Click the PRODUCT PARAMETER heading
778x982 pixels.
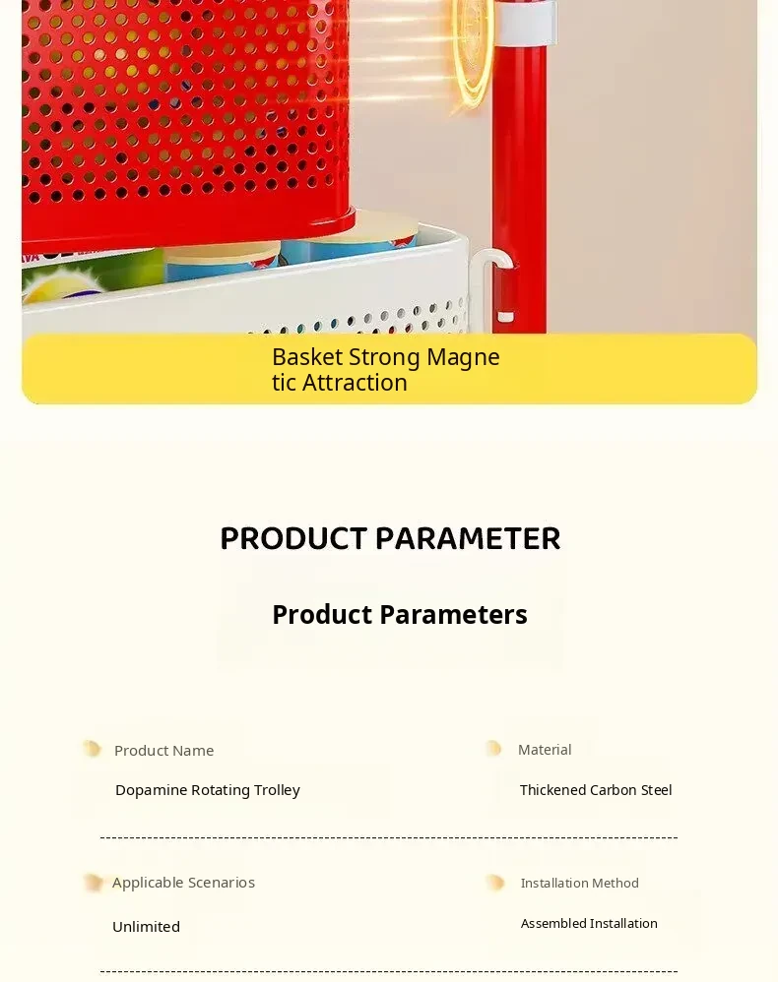390,538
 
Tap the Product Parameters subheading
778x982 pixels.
400,614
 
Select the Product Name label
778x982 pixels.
163,751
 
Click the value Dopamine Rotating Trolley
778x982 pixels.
208,790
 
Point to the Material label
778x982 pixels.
545,750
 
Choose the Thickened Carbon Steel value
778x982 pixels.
596,790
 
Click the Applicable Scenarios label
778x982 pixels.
183,883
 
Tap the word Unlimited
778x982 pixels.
146,927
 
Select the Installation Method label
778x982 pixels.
579,883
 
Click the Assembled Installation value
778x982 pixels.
589,923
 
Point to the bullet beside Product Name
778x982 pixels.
93,749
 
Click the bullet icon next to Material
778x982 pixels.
494,749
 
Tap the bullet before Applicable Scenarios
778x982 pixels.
93,883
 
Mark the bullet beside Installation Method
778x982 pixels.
495,883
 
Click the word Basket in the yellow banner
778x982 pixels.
308,357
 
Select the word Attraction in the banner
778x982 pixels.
355,383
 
